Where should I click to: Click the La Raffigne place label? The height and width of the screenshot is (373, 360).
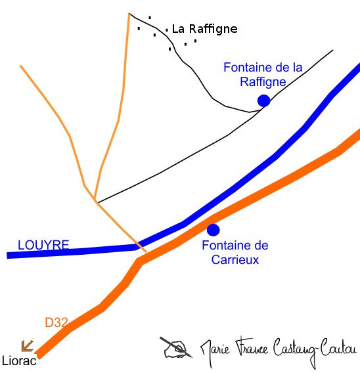tap(204, 30)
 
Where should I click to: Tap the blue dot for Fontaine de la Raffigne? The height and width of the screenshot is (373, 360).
tap(263, 100)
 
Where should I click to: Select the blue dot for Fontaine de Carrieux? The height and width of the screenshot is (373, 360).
tap(214, 230)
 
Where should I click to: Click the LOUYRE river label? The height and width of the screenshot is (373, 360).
tap(43, 245)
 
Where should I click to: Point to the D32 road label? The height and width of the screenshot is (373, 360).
tap(56, 322)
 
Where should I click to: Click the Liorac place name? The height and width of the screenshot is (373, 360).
tap(19, 361)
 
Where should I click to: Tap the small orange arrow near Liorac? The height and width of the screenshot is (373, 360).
tap(27, 345)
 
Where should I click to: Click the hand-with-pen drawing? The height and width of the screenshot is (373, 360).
tap(176, 347)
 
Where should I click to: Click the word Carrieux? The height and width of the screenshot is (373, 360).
tap(235, 259)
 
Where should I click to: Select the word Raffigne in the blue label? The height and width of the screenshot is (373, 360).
tap(263, 82)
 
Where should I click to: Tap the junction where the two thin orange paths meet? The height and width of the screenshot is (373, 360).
tap(95, 200)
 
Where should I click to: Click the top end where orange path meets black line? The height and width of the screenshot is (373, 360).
tap(129, 14)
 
